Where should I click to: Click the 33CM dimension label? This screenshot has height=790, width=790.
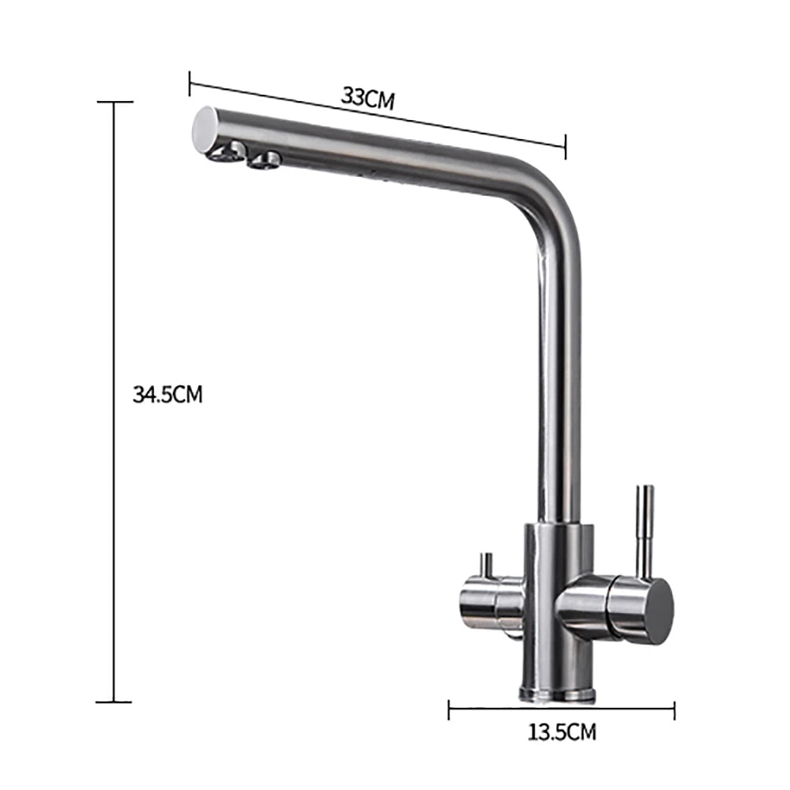coord(367,98)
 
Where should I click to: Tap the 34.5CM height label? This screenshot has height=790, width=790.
coord(167,394)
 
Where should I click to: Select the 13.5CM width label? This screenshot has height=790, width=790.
coord(562,732)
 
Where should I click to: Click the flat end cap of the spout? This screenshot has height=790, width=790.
coord(206,129)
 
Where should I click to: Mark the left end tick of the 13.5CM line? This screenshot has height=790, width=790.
coord(449,709)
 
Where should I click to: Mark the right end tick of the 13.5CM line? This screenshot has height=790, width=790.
coord(674,709)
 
